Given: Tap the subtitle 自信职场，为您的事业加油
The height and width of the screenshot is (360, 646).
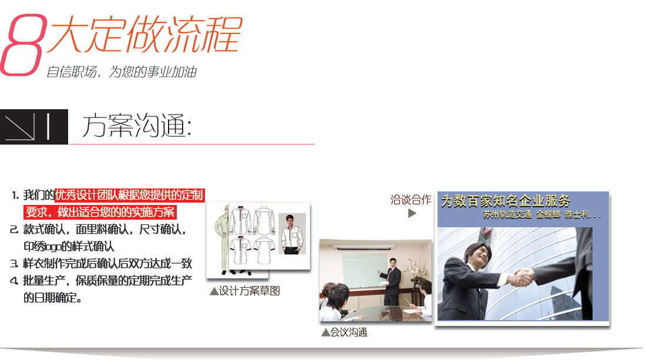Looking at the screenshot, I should [121, 72].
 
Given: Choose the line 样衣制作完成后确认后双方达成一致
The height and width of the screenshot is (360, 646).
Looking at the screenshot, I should [107, 264].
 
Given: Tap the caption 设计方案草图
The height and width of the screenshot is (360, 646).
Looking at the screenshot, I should [245, 291].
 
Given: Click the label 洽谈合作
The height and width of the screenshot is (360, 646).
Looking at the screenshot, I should [411, 200].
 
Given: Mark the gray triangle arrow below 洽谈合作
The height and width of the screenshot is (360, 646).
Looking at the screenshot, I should [412, 214].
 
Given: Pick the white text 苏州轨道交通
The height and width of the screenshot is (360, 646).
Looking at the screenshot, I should [506, 216].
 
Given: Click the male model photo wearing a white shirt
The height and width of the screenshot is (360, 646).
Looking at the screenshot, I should [292, 233].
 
